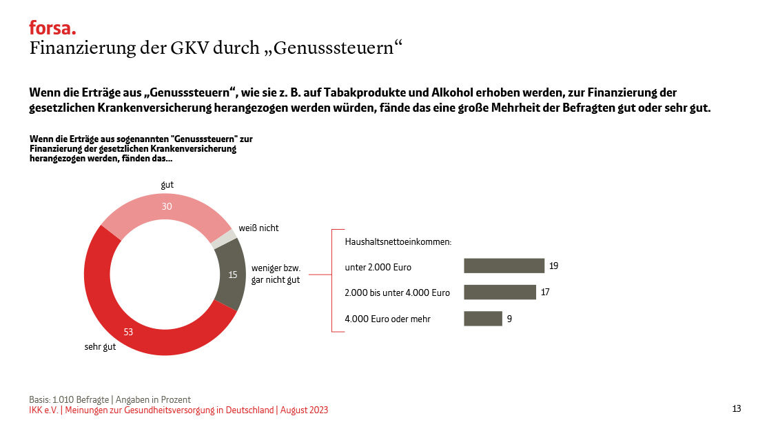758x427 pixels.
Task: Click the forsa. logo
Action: tap(52, 28)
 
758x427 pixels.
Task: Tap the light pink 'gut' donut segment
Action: tap(165, 207)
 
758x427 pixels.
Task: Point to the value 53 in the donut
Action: tap(128, 332)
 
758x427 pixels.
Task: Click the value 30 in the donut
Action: tap(167, 206)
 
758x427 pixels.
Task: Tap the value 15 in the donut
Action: tap(233, 275)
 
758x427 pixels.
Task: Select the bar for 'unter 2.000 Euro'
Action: tap(504, 266)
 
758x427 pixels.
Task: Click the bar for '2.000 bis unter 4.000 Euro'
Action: tap(500, 292)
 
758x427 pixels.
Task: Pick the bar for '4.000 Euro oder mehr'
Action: tap(482, 319)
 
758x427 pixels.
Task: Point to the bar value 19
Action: tap(553, 266)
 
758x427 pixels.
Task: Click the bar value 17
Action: tap(545, 292)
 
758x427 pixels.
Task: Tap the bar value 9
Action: tap(509, 319)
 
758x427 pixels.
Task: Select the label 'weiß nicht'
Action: tap(258, 228)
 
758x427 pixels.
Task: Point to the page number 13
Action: tap(737, 409)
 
